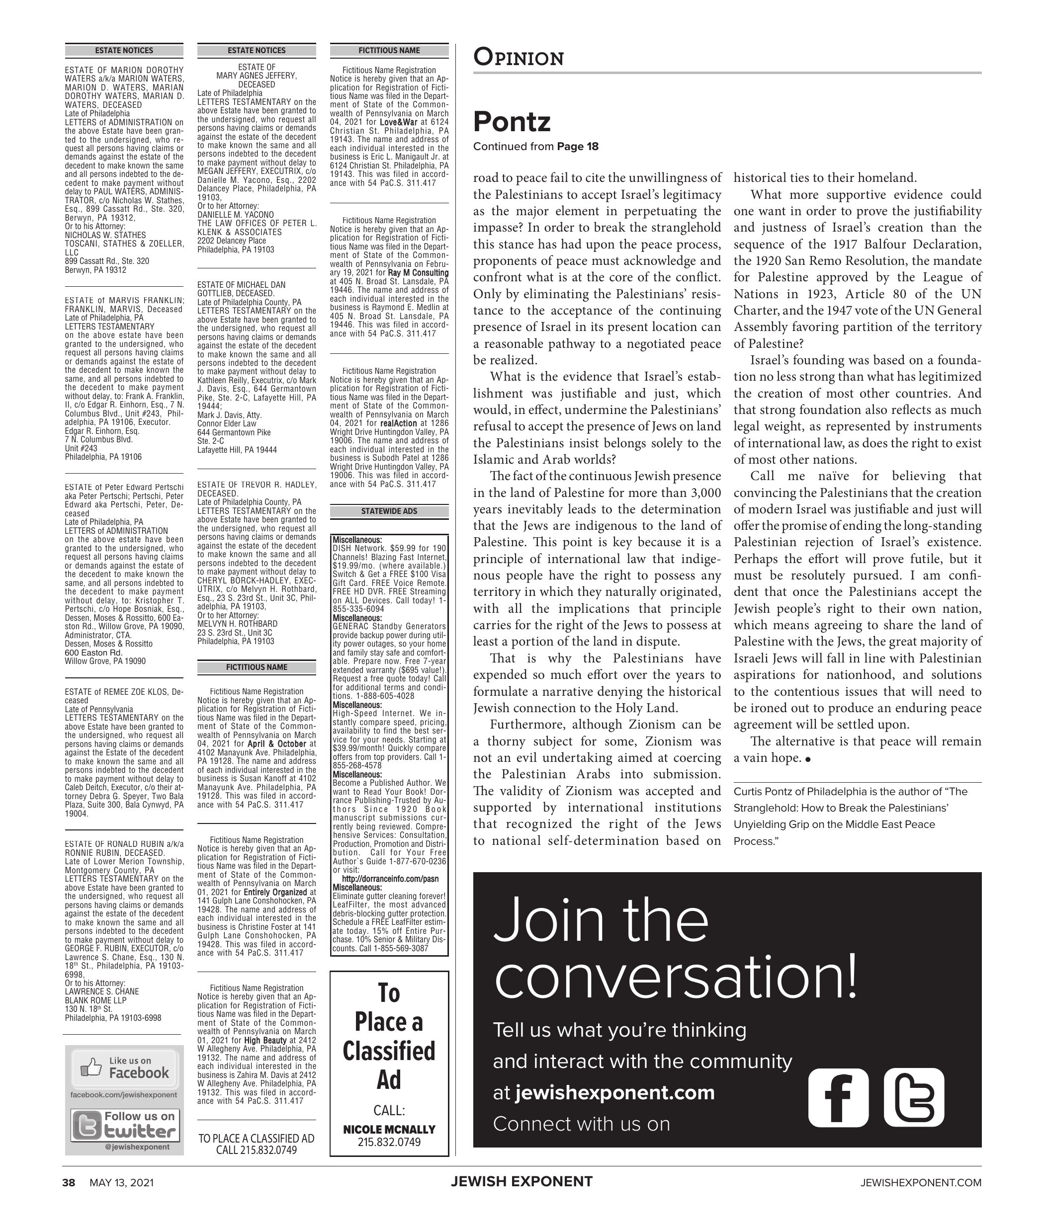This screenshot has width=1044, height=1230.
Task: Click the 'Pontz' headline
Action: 512,122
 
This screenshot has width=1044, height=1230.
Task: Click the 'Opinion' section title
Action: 518,58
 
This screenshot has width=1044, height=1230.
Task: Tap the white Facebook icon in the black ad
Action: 838,1097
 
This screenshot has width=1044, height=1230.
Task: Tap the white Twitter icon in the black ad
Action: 914,1097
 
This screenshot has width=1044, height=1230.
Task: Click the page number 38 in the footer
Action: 69,1183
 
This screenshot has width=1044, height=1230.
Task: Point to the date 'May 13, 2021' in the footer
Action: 121,1183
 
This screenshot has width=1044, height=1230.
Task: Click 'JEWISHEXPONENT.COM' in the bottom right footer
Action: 920,1183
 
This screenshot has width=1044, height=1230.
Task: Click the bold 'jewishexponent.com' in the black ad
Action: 614,1092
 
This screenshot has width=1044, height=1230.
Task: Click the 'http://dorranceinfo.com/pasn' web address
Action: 390,879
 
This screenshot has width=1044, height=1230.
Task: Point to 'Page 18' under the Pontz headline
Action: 578,147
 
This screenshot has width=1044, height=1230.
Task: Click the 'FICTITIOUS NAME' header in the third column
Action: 389,51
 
